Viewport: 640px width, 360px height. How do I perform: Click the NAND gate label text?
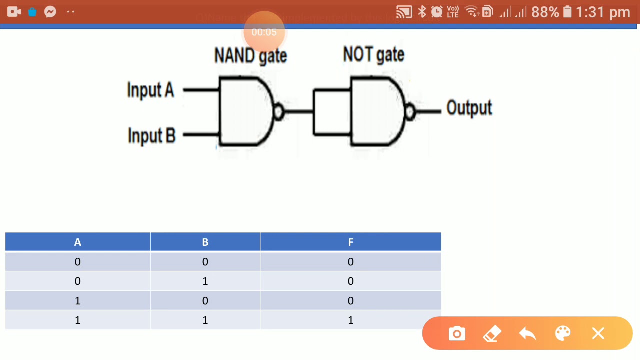250,55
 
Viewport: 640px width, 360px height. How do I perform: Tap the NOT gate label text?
373,54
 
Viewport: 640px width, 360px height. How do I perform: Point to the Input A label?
150,90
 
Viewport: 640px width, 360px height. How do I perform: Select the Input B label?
151,135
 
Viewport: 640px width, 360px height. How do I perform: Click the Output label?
469,108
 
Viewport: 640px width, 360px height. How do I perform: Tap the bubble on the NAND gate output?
279,111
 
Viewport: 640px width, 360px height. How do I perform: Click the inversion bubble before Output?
410,111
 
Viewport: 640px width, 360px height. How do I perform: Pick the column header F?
350,242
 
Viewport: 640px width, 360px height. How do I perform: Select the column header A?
77,242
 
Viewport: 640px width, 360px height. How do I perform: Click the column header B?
205,242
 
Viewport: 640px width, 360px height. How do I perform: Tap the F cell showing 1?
350,320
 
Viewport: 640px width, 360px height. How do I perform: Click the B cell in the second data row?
205,281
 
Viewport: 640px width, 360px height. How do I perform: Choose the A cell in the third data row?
77,300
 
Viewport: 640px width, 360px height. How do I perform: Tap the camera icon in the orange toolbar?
457,333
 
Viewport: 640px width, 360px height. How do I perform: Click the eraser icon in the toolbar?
492,333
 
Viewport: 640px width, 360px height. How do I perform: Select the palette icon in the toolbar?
563,333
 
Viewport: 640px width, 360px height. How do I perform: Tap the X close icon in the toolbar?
598,333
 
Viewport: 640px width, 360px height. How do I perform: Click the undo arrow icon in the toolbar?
527,333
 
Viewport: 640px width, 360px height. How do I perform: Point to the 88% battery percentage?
545,12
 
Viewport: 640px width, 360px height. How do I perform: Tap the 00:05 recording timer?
264,32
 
